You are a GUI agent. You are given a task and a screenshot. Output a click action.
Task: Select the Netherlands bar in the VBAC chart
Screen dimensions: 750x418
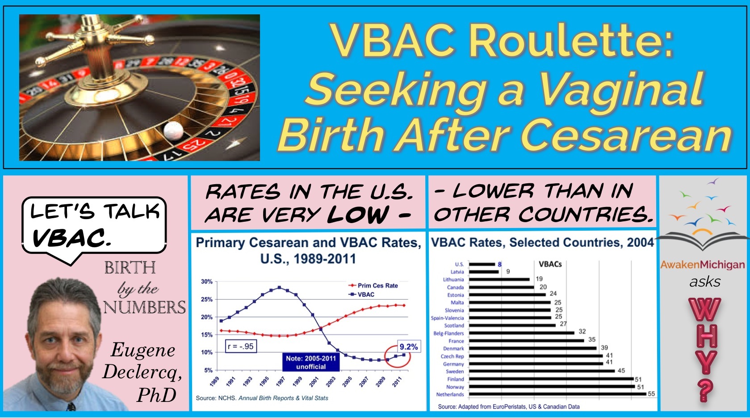(557, 394)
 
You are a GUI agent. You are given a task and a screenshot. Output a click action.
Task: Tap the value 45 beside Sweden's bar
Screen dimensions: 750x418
(621, 371)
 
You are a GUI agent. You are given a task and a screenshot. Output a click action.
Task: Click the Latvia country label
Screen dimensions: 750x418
(457, 272)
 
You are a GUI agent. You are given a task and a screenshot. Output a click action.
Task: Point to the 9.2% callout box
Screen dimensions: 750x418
(409, 346)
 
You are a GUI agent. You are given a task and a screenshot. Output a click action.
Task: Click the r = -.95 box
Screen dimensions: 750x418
(241, 346)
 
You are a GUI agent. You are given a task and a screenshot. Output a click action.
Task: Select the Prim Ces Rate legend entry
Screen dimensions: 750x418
(373, 286)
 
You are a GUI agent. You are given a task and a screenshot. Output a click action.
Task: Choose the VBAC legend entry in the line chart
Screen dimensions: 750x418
(362, 295)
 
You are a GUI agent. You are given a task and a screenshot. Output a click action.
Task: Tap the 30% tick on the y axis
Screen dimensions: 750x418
(206, 282)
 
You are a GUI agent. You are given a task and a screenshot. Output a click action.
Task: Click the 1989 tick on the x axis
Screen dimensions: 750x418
(214, 381)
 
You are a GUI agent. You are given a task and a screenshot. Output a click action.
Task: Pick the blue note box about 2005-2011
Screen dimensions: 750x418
(311, 363)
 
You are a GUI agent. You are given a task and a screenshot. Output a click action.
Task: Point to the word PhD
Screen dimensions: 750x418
(156, 395)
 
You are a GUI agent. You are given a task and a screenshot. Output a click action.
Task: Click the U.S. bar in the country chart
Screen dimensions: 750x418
(482, 264)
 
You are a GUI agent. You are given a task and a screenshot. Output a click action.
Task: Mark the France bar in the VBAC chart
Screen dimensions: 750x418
(527, 341)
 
